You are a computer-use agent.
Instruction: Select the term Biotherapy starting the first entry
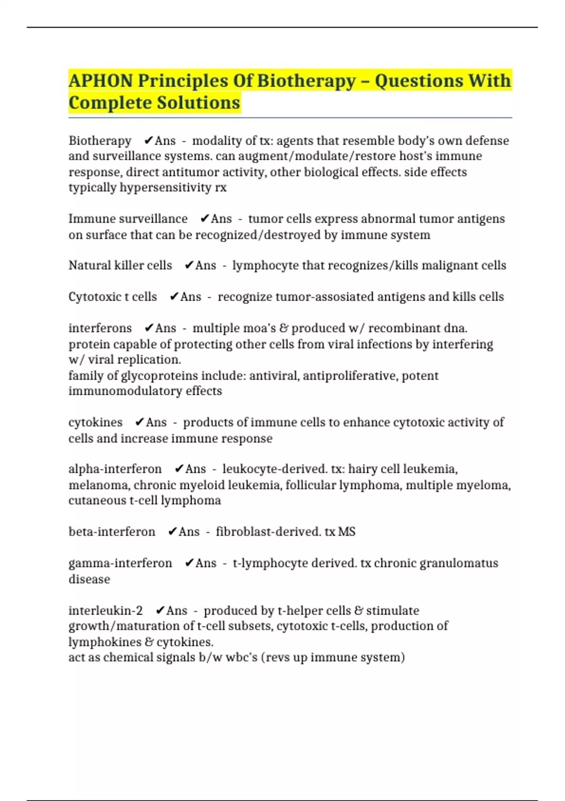pyautogui.click(x=100, y=141)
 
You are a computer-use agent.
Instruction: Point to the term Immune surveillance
pyautogui.click(x=128, y=219)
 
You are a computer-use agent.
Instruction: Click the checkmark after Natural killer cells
pyautogui.click(x=189, y=266)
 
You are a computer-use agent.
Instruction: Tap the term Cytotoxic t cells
pyautogui.click(x=113, y=297)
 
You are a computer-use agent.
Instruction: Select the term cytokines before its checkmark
pyautogui.click(x=96, y=422)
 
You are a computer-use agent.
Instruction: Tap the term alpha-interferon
pyautogui.click(x=115, y=469)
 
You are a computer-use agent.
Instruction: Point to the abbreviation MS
pyautogui.click(x=347, y=532)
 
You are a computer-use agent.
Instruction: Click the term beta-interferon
pyautogui.click(x=112, y=532)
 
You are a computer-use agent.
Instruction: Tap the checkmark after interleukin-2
pyautogui.click(x=160, y=611)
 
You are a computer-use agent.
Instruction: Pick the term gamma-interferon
pyautogui.click(x=120, y=563)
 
